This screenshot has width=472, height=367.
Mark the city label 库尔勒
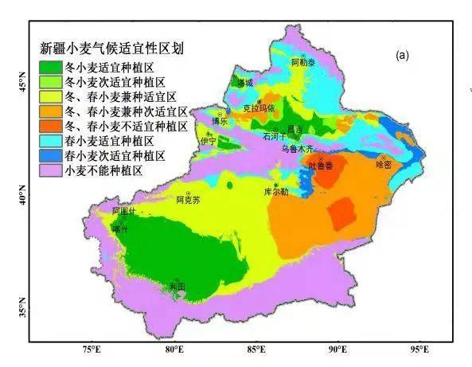click(x=275, y=192)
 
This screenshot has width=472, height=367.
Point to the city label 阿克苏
click(x=189, y=200)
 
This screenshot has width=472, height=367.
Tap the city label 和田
click(x=177, y=286)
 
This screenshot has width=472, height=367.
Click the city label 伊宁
click(x=209, y=140)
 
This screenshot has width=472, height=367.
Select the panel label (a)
click(x=402, y=55)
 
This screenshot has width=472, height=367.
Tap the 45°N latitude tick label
click(x=22, y=81)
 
